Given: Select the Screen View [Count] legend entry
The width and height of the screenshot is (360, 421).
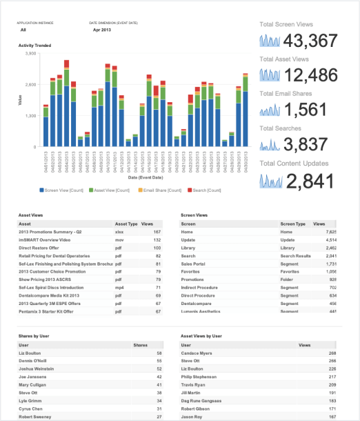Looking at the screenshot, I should point(63,189).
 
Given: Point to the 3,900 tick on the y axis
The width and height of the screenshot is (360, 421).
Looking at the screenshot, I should point(30,53).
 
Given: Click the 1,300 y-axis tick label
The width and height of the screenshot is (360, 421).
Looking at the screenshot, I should point(30,116).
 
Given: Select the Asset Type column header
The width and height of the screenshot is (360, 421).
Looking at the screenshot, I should point(126,224).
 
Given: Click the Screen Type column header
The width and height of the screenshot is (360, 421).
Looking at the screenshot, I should point(293,224).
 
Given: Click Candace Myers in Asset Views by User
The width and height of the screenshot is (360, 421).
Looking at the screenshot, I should point(196,353).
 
